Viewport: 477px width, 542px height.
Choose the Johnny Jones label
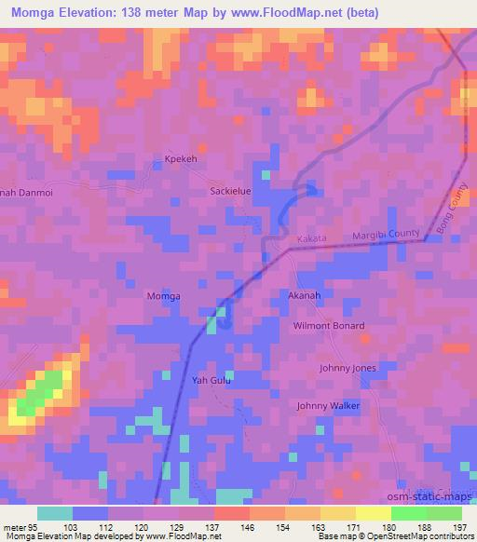(348, 368)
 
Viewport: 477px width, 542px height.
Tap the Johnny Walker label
(328, 406)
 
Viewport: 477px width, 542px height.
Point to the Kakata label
(311, 239)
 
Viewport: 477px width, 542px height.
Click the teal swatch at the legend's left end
(55, 513)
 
